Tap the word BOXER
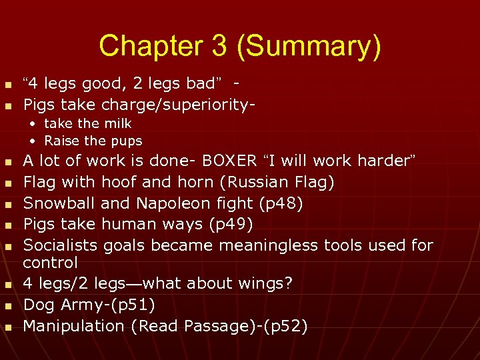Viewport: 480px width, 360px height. (229, 161)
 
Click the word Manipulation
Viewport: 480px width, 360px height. (75, 326)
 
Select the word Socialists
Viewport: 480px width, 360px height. (60, 246)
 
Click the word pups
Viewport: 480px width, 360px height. (127, 141)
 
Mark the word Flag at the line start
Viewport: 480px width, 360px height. (39, 182)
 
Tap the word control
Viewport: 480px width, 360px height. (51, 263)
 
